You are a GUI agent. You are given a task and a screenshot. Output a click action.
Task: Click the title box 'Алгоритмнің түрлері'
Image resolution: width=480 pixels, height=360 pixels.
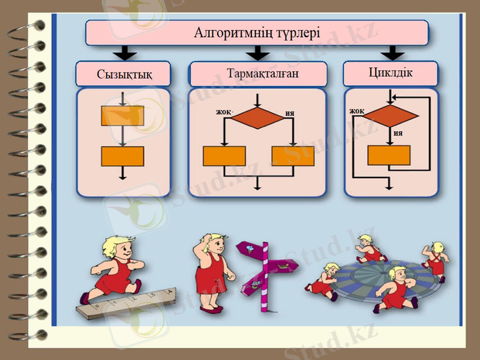coord(257,32)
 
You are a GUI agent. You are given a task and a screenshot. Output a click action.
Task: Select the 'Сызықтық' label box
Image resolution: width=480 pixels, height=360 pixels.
coord(124,74)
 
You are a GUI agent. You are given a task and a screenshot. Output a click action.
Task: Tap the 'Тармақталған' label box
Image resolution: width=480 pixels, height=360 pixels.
coord(258,74)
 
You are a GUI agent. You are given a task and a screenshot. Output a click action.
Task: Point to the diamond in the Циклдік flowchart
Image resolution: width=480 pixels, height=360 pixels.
coord(391,114)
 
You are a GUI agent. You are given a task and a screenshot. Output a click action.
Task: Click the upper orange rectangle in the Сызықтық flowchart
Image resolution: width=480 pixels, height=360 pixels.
coord(122,116)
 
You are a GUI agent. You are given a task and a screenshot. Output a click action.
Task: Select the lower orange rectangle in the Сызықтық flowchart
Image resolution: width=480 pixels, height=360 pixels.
coord(122,156)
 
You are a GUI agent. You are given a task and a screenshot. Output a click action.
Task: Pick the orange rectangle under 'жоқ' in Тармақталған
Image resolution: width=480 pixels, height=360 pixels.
coord(224,156)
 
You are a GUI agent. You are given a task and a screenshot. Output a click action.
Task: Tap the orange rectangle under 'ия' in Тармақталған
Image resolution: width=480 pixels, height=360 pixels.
coord(292,156)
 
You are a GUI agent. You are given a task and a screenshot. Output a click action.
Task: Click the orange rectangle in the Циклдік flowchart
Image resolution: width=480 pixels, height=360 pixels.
coord(389,155)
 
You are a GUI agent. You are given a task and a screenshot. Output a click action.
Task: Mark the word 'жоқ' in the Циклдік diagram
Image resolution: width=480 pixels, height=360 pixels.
coord(357,111)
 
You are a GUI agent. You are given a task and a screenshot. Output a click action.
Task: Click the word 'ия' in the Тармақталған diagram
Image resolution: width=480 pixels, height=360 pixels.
coord(290,113)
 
